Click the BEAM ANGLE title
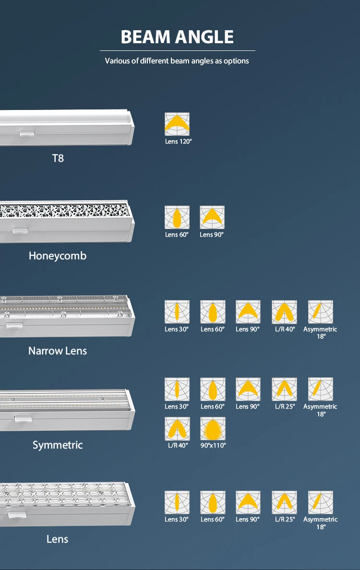click(177, 37)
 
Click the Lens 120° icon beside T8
click(177, 124)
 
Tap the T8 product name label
click(58, 158)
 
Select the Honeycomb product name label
click(58, 255)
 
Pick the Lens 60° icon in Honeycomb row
click(177, 218)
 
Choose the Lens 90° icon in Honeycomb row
click(212, 218)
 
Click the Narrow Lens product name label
click(58, 351)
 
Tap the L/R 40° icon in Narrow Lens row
click(284, 312)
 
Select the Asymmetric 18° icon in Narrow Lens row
click(320, 312)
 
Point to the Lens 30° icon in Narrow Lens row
click(177, 312)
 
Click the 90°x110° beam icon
click(213, 428)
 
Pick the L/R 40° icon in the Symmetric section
click(177, 428)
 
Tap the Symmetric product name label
click(58, 445)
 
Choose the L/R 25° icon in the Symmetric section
click(284, 389)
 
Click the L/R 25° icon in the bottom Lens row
click(284, 502)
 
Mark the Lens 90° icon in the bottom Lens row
click(248, 502)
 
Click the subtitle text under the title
click(177, 61)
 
